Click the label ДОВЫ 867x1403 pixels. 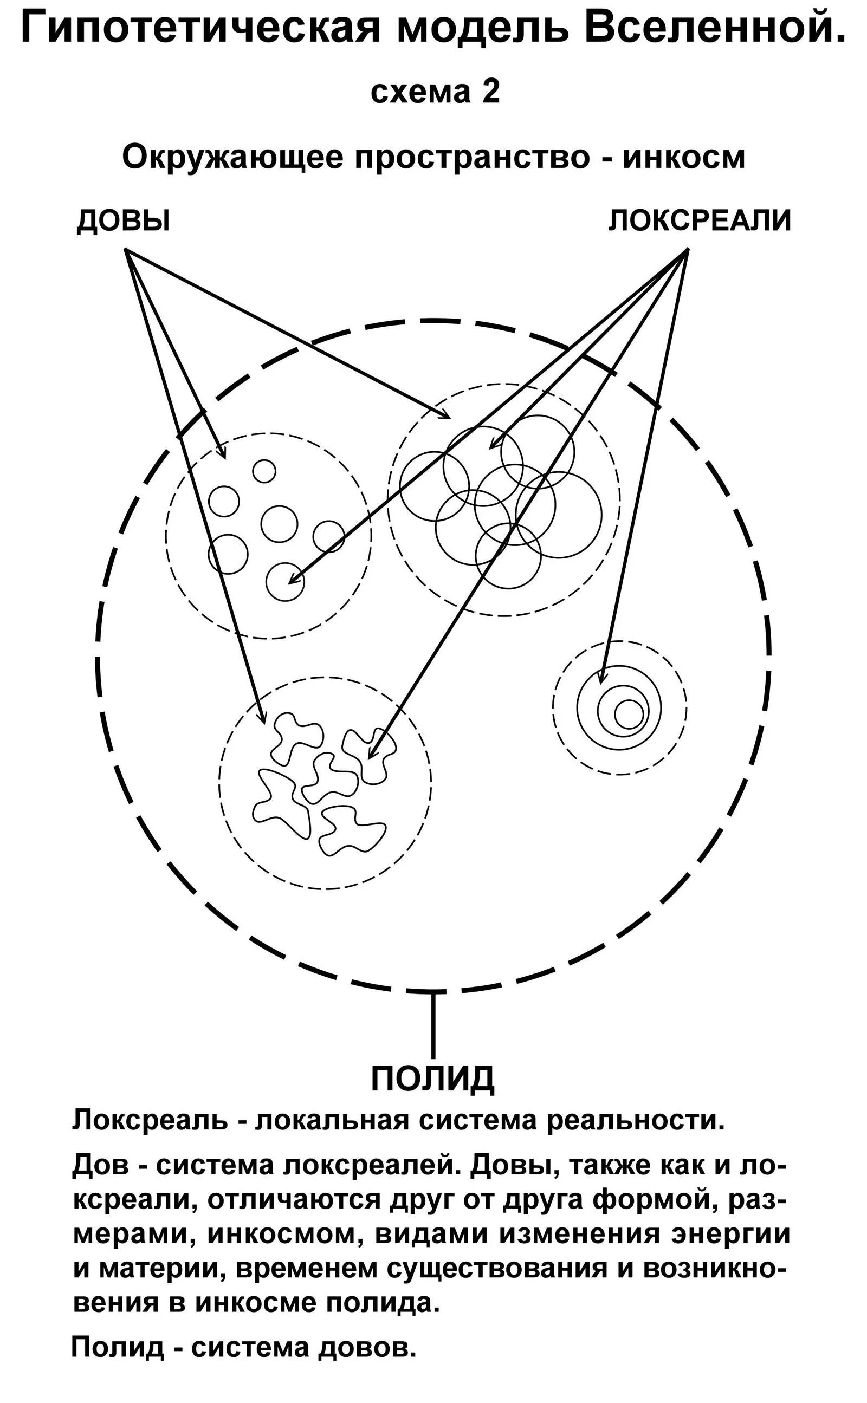[124, 220]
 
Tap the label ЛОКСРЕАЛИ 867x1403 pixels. [700, 220]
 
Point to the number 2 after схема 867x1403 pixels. [491, 92]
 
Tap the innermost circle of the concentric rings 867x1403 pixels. [629, 714]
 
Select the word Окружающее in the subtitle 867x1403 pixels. [233, 157]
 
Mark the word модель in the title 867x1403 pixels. [483, 29]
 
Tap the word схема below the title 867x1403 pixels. [420, 92]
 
